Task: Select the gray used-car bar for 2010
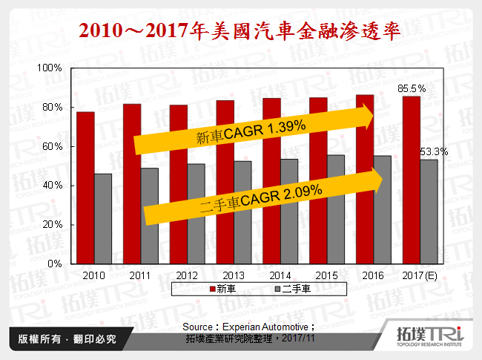coord(103,218)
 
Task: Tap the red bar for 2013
coord(225,182)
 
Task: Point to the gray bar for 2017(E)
coord(429,211)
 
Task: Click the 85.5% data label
coord(413,88)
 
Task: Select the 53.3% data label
coord(434,151)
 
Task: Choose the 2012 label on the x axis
coord(188,275)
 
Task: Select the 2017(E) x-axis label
coord(420,275)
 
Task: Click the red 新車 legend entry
coord(223,288)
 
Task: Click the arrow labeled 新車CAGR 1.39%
coord(252,133)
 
